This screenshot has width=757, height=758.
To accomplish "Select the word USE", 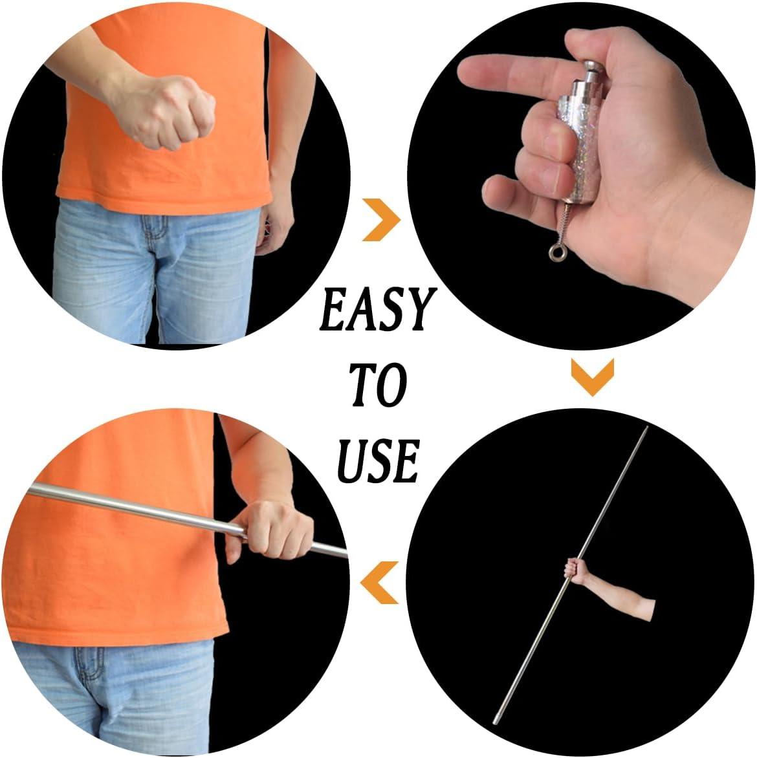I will click(377, 460).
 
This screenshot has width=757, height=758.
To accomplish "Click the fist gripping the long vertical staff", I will click(573, 569).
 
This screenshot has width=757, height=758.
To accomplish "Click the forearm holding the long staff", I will click(621, 595).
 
